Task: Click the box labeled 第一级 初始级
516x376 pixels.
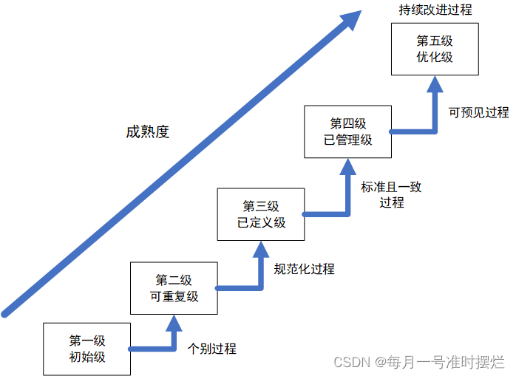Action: tap(86, 349)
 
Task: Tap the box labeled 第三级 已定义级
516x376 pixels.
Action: tap(260, 214)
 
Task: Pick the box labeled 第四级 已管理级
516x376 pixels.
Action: tap(347, 131)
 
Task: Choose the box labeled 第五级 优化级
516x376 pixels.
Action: tap(435, 49)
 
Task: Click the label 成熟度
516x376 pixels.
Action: tap(147, 132)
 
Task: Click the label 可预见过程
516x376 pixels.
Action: tap(478, 113)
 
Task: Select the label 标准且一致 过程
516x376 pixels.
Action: tap(391, 194)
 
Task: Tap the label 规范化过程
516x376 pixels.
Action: tap(304, 269)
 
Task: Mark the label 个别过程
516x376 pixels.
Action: tap(212, 349)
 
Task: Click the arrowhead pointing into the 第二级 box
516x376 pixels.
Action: tap(174, 323)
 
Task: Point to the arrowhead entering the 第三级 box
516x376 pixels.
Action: tap(260, 249)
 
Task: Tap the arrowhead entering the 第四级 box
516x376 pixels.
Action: tap(347, 166)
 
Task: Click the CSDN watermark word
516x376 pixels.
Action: tap(351, 363)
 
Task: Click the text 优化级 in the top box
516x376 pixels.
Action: tap(435, 57)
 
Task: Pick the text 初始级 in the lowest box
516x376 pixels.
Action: tap(87, 357)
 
